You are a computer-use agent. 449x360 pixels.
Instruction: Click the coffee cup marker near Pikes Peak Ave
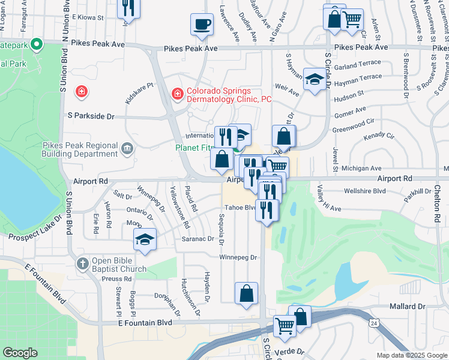point(202,24)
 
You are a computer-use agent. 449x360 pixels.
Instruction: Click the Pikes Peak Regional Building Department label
point(80,149)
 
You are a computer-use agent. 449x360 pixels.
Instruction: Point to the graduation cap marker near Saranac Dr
point(145,239)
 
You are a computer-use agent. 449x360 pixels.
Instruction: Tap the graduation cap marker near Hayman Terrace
point(315,80)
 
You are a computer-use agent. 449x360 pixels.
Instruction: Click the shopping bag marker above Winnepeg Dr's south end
point(246,293)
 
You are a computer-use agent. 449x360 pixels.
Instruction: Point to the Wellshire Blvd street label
point(364,191)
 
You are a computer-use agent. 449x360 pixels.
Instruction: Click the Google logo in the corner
point(20,353)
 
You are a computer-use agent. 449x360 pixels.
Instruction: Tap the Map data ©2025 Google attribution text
point(411,355)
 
